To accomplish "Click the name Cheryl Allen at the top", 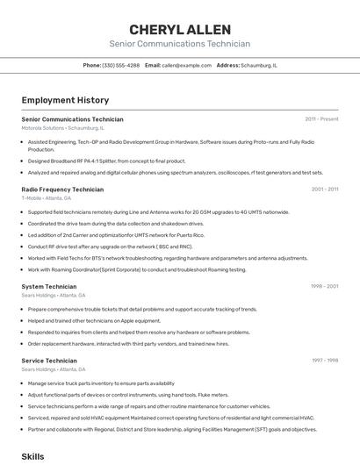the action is [x=179, y=30].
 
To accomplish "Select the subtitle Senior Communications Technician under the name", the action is [x=179, y=44].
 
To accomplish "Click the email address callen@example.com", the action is [x=184, y=65].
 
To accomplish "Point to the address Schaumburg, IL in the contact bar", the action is [x=260, y=65].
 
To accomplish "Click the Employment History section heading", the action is [x=65, y=100].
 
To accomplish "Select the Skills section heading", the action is [x=32, y=457].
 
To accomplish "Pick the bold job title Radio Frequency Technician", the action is [x=62, y=189].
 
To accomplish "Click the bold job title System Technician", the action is [x=48, y=286].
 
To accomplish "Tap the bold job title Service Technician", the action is [x=49, y=361].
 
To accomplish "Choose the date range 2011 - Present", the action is [x=321, y=119].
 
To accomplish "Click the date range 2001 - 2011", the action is [x=324, y=189].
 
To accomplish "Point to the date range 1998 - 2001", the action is [x=324, y=286].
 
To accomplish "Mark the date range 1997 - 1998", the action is [x=324, y=361].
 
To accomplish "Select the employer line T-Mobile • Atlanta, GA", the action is [x=46, y=198].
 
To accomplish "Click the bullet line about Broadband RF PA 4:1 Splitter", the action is [x=106, y=161].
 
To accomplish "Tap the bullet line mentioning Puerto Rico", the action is [x=116, y=235].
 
